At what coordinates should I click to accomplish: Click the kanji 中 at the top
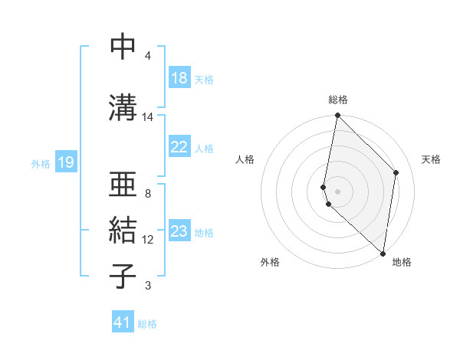[123, 47]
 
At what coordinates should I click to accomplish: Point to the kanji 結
[123, 230]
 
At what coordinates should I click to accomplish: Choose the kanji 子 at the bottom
[123, 275]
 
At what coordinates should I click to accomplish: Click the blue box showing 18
[179, 78]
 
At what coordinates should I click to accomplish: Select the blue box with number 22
[179, 147]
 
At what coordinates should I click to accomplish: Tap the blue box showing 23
[179, 231]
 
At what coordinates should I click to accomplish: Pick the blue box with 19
[66, 162]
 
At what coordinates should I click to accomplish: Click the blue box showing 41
[123, 322]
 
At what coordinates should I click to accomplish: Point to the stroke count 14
[148, 117]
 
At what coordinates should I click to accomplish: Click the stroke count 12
[148, 240]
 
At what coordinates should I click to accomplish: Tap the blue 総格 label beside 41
[147, 324]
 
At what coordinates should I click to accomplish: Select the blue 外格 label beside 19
[41, 163]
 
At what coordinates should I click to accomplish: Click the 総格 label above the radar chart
[338, 100]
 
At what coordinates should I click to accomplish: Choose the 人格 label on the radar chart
[245, 159]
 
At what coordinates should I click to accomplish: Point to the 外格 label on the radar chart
[270, 263]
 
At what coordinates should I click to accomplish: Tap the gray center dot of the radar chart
[338, 191]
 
